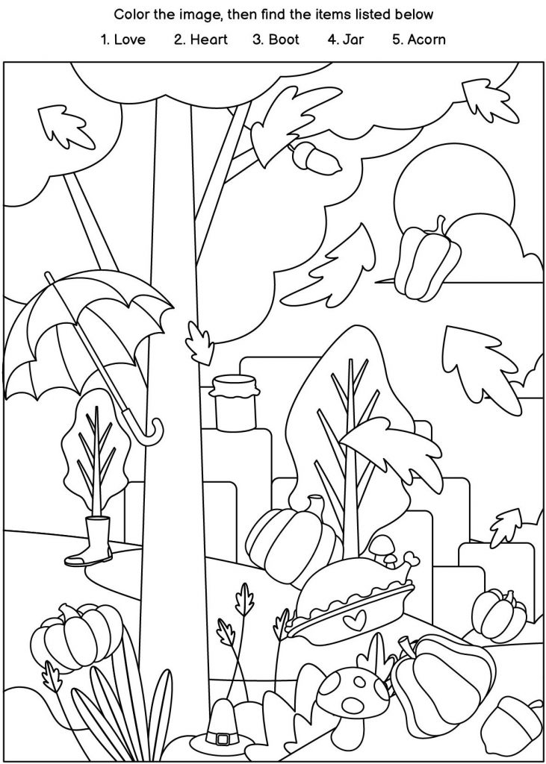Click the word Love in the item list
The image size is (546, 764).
pyautogui.click(x=129, y=40)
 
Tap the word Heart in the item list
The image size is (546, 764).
pyautogui.click(x=208, y=40)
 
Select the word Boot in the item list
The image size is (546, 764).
pyautogui.click(x=284, y=40)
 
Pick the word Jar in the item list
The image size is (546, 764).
pyautogui.click(x=353, y=40)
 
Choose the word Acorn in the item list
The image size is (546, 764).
pyautogui.click(x=426, y=40)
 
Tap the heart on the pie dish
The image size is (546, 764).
pyautogui.click(x=354, y=621)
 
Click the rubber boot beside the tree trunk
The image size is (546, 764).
pyautogui.click(x=90, y=542)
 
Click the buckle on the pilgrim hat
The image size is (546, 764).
pyautogui.click(x=223, y=739)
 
